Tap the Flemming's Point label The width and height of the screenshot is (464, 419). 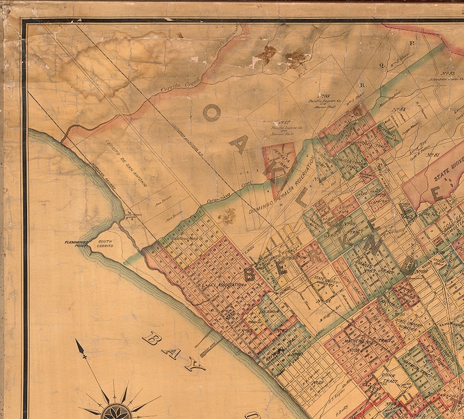pos(79,244)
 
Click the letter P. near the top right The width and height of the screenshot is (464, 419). pos(411,43)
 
